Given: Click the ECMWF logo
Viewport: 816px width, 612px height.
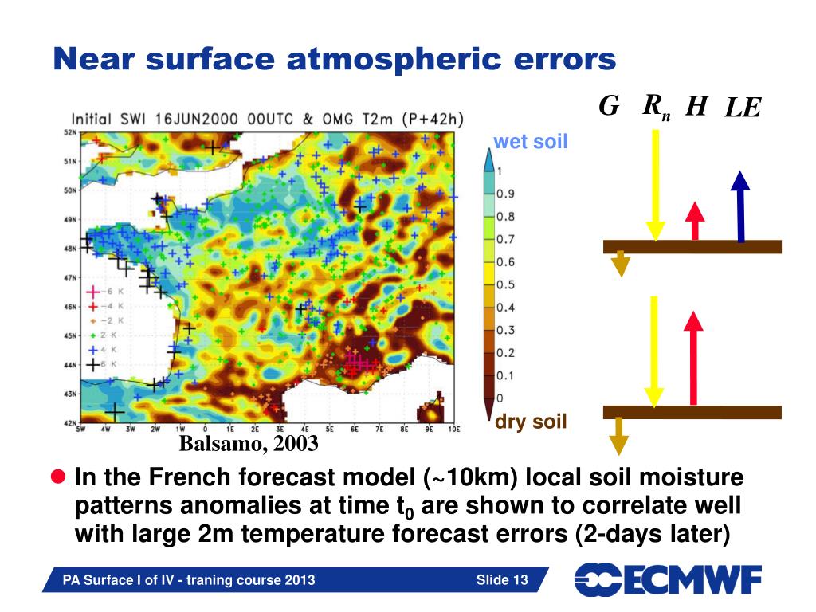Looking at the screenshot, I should point(668,579).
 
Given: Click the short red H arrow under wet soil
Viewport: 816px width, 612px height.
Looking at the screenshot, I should point(695,221).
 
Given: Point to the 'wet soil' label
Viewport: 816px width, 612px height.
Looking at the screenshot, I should point(530,143).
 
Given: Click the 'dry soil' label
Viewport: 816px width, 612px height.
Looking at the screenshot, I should point(531,422).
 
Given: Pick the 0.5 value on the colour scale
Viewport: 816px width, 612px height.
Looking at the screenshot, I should point(504,285).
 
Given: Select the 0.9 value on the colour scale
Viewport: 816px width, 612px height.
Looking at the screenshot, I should point(504,194).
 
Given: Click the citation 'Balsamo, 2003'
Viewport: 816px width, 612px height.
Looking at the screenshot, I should point(249,442).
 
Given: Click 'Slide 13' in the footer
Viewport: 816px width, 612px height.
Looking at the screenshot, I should point(502,579).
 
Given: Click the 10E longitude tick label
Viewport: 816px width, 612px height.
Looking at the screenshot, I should point(454,429).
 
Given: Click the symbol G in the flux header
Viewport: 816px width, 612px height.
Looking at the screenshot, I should point(609,105).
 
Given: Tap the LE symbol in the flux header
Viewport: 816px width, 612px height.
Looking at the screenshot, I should point(742,108).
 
